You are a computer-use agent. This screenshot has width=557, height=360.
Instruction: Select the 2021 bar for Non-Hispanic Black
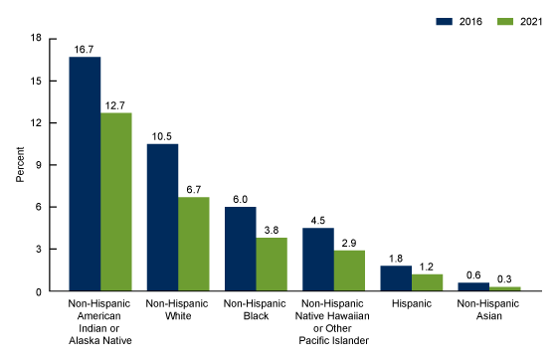[273, 265]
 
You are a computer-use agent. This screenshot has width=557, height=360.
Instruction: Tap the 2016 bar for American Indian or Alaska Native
[85, 174]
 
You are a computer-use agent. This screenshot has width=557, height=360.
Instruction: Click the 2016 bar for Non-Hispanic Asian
[474, 287]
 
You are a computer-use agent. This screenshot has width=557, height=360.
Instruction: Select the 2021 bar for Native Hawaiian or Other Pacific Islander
[350, 270]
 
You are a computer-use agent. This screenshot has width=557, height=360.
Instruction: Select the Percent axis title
[21, 165]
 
